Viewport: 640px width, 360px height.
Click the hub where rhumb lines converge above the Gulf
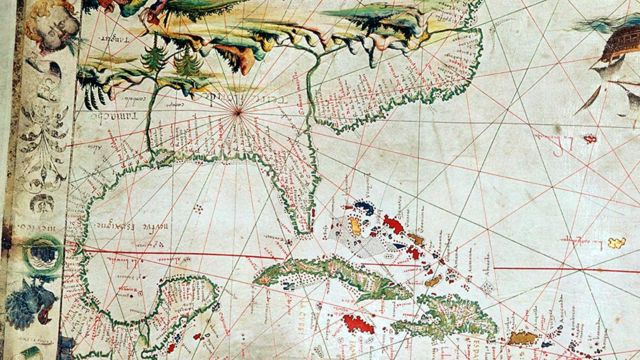click(239, 114)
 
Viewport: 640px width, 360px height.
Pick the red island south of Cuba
click(358, 324)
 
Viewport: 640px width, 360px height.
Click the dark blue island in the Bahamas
click(366, 208)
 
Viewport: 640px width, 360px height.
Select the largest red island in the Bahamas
click(393, 228)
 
